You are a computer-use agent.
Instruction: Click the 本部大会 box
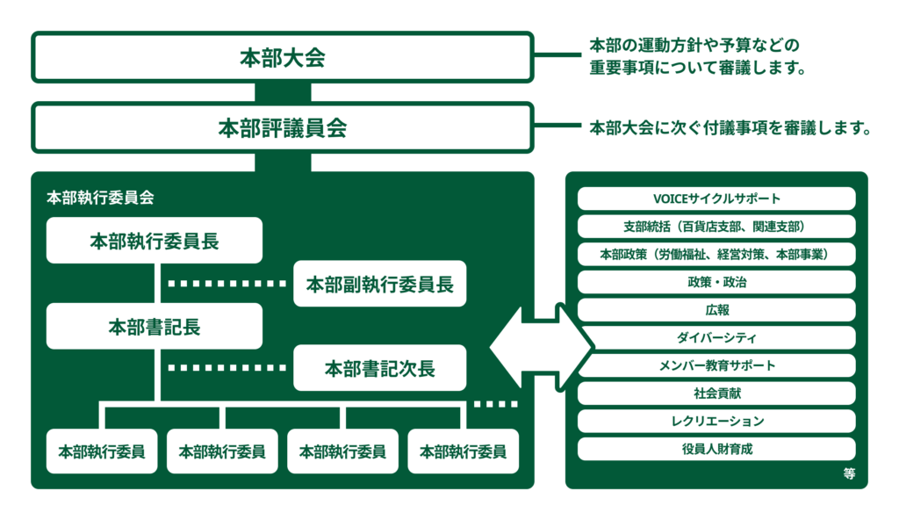pos(282,58)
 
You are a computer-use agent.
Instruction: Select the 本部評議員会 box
pos(282,128)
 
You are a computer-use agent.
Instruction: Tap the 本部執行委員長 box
pos(155,241)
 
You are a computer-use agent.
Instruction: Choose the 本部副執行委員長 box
pos(379,284)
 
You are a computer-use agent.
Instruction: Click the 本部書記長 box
pos(155,326)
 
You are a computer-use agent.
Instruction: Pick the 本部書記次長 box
pos(379,368)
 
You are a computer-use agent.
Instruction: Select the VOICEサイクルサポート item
pos(716,199)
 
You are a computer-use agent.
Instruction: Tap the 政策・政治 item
pos(716,282)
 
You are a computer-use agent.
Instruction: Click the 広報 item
pos(716,310)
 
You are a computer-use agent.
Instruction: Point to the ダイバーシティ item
pos(716,338)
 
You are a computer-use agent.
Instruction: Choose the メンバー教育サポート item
pos(716,365)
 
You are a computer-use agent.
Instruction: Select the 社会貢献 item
pos(716,394)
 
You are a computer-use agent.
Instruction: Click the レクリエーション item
pos(716,421)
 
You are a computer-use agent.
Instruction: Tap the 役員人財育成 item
pos(716,449)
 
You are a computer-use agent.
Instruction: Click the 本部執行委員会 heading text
pos(100,198)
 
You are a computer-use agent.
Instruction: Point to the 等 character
pos(848,474)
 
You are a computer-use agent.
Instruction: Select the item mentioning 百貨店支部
pos(716,227)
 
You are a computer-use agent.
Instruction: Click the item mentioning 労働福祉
pos(716,254)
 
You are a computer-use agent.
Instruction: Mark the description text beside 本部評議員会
pos(730,129)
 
